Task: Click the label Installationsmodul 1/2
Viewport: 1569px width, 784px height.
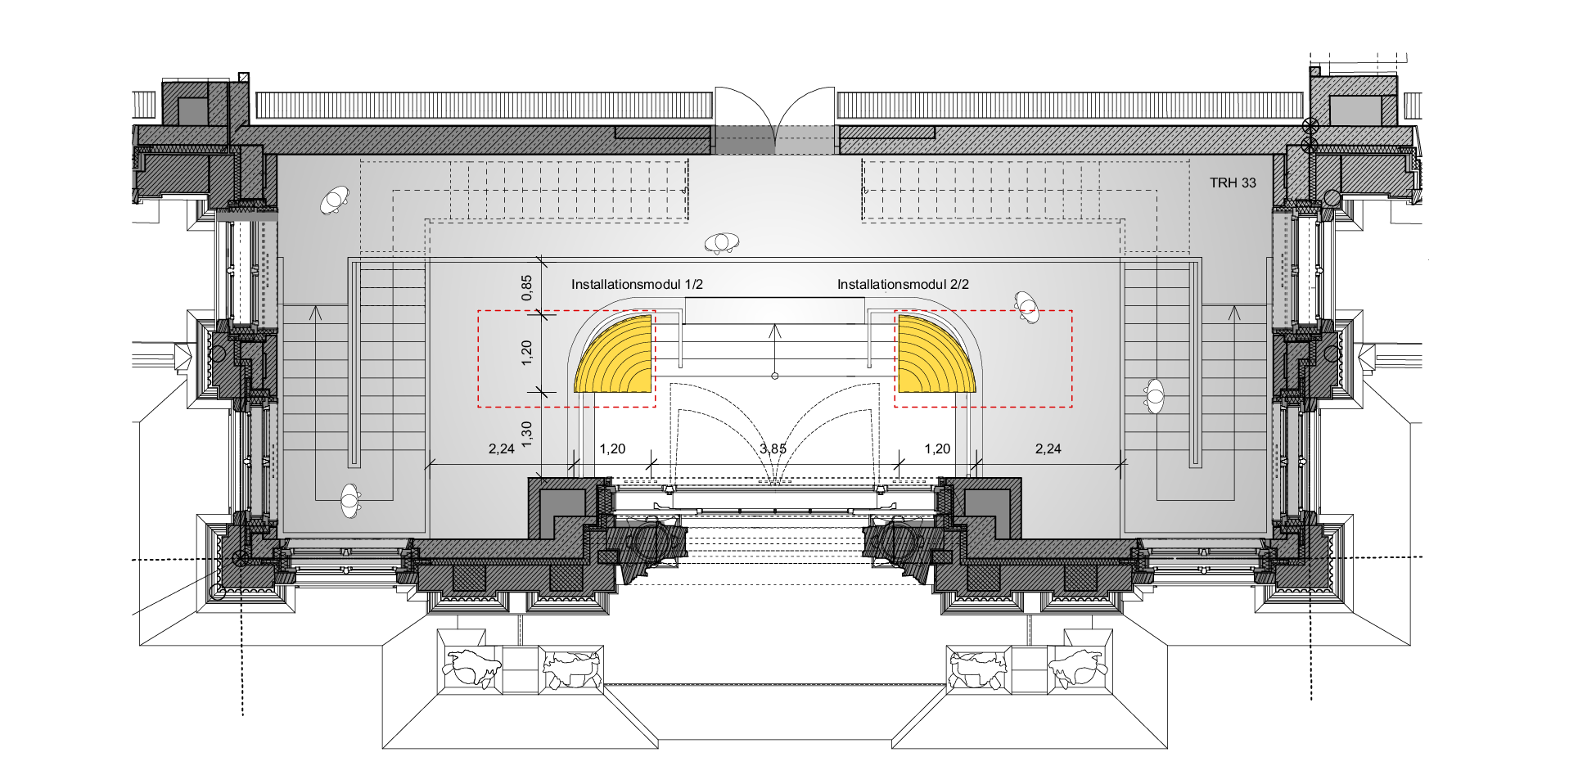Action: pyautogui.click(x=637, y=285)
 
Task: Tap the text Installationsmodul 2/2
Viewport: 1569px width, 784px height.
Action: pyautogui.click(x=903, y=285)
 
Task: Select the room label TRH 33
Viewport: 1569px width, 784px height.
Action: pyautogui.click(x=1233, y=182)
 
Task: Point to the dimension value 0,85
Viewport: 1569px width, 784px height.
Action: pyautogui.click(x=526, y=287)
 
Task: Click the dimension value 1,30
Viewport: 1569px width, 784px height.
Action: pyautogui.click(x=526, y=434)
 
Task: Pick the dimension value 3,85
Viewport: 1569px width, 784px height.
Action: pyautogui.click(x=773, y=448)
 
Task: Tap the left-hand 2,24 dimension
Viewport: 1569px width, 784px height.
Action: pyautogui.click(x=502, y=448)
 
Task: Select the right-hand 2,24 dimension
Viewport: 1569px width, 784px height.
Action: pyautogui.click(x=1048, y=448)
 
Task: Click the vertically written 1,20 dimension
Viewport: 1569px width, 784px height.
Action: pyautogui.click(x=526, y=353)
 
